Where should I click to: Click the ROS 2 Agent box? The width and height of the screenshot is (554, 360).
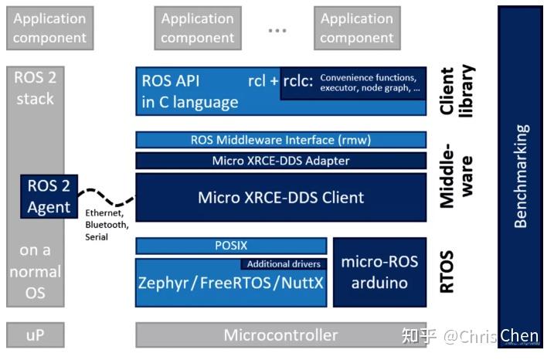tap(49, 196)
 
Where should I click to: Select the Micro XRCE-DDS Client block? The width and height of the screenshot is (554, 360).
tap(280, 197)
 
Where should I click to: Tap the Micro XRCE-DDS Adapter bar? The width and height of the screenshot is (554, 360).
tap(280, 161)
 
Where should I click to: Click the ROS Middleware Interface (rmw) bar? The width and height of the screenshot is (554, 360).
tap(280, 140)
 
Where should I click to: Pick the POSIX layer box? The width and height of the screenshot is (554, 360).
tap(230, 246)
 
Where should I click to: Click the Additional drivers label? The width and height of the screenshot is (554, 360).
tap(284, 264)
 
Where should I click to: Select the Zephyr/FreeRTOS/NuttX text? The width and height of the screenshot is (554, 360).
tap(230, 283)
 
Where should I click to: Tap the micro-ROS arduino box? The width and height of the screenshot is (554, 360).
tap(379, 272)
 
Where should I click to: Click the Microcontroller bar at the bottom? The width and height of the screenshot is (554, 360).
tap(280, 335)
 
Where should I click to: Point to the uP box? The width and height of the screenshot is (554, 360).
tap(34, 335)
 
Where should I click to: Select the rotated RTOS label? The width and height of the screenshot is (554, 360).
tap(447, 271)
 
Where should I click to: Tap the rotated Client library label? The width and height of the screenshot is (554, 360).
tap(456, 90)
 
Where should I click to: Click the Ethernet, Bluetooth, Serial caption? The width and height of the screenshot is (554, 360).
tap(107, 224)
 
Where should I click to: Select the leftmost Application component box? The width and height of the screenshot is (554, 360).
tap(49, 28)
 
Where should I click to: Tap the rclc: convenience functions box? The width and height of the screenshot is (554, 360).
tap(352, 83)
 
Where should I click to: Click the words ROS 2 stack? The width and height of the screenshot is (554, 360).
tap(35, 87)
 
